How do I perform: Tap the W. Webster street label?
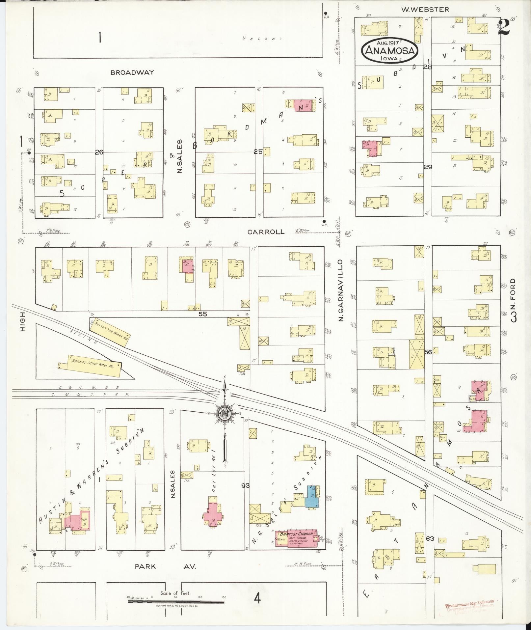click(425, 10)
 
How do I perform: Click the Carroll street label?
click(266, 232)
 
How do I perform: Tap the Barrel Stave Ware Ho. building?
click(94, 366)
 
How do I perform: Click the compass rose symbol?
click(225, 414)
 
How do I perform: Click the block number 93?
click(245, 485)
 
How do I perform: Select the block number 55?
click(202, 314)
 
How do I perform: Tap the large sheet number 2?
click(504, 27)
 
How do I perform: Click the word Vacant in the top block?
click(262, 39)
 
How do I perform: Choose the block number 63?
click(430, 539)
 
